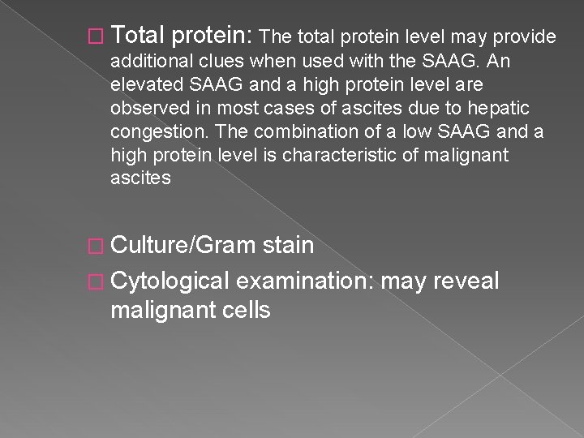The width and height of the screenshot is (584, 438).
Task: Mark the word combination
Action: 290,131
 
